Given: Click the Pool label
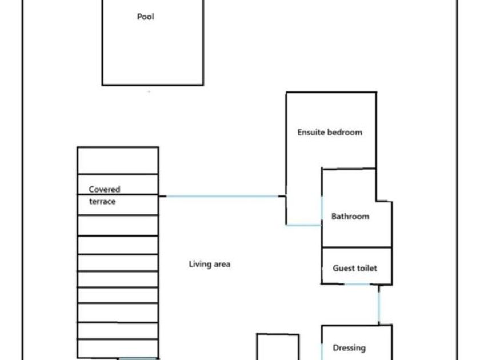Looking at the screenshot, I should [x=146, y=17].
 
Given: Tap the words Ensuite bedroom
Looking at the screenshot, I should [x=330, y=132].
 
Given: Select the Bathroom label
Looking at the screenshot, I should [x=350, y=217].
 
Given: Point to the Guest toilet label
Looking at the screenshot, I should [x=355, y=268].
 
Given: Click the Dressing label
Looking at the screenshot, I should [x=349, y=347].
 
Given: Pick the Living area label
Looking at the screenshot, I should [x=209, y=264].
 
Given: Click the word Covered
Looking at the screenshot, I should [x=105, y=189].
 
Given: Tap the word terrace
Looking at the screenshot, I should [x=102, y=201].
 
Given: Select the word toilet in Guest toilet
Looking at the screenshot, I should [x=366, y=268].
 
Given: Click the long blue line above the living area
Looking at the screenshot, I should [x=223, y=197].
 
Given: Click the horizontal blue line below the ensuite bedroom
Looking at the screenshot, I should [x=304, y=225].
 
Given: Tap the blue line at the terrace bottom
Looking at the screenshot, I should [x=137, y=358].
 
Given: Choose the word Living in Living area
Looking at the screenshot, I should [x=198, y=264].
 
